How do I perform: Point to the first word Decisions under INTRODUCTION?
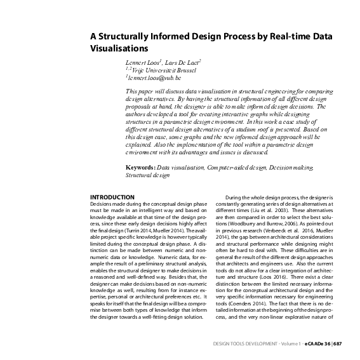tap(102, 204)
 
